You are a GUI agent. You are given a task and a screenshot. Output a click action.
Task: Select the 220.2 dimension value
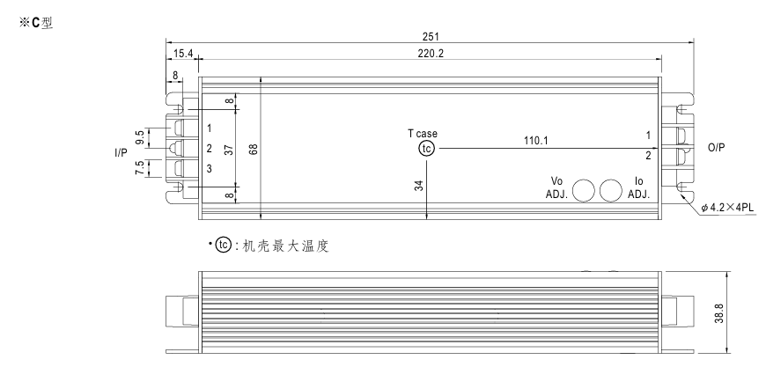[430, 54]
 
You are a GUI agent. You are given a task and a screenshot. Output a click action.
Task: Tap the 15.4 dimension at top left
[181, 54]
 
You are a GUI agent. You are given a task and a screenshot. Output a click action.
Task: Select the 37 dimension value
[229, 149]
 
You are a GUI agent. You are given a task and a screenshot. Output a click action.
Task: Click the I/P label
[121, 152]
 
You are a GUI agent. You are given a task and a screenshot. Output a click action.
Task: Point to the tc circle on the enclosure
[426, 149]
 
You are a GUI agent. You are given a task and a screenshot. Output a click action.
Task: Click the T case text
[422, 133]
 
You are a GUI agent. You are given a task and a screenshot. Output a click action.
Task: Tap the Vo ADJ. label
[550, 187]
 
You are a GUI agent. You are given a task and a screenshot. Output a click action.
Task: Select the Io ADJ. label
[638, 187]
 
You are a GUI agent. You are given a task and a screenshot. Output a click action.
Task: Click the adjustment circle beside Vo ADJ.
[584, 191]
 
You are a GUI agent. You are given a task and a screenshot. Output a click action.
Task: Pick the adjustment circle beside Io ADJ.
[611, 191]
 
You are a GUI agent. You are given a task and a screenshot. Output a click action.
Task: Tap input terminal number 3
[210, 168]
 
